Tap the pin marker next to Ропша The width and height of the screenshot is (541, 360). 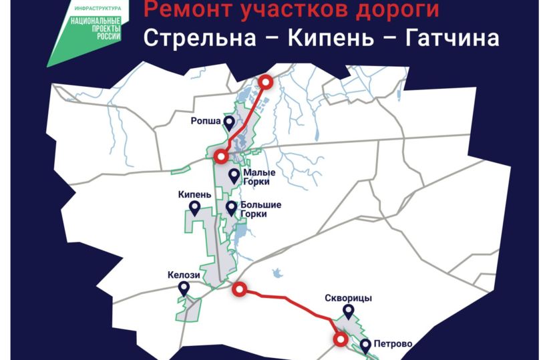coord(229,123)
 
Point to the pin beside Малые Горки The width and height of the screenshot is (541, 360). coord(234,176)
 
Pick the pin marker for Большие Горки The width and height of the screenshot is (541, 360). coord(231,208)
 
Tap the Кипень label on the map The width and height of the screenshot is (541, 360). coord(194,194)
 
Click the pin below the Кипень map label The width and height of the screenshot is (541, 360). coord(195,209)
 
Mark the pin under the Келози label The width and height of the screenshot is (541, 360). coord(184,289)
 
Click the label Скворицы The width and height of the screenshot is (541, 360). coord(348,298)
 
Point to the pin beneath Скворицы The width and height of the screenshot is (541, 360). coord(348,312)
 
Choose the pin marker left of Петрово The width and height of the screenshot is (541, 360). coord(366,345)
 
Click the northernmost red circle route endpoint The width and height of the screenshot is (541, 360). coord(266,83)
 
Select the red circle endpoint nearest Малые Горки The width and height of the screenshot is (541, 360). coord(221,157)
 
